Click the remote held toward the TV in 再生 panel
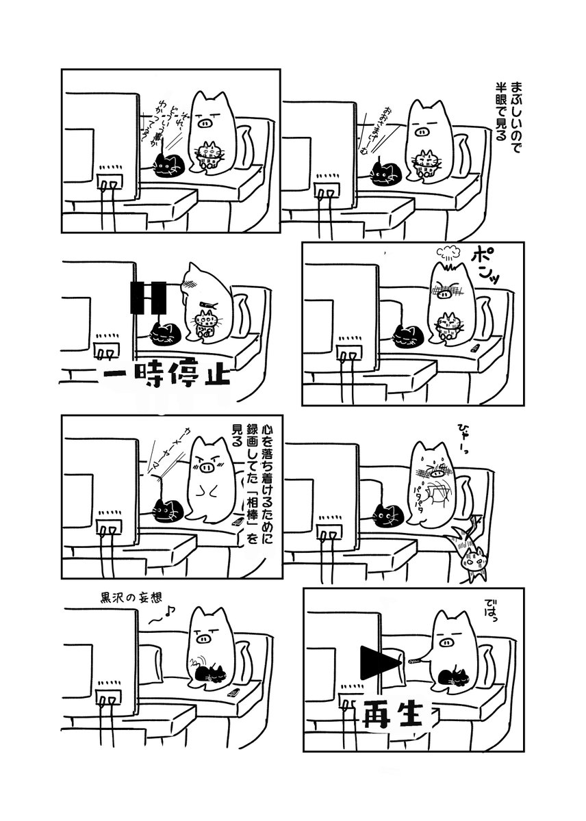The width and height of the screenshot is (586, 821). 416,662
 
